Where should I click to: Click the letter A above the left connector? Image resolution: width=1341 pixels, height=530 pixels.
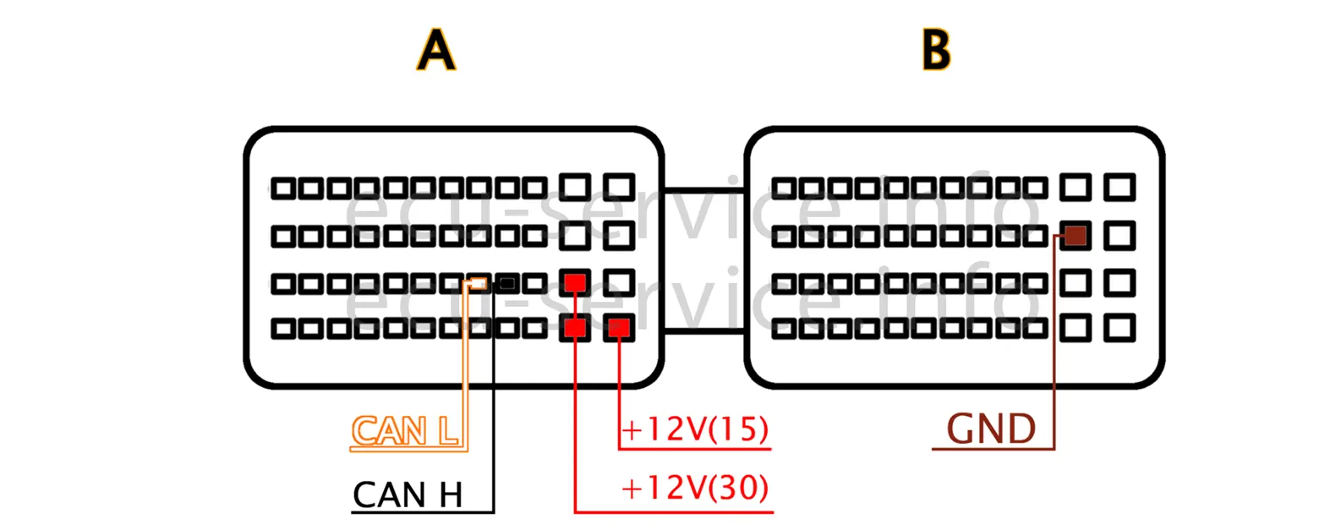pyautogui.click(x=435, y=50)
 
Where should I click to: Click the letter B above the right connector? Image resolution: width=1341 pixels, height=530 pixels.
pyautogui.click(x=936, y=50)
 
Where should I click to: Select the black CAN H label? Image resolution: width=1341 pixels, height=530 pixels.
pyautogui.click(x=408, y=494)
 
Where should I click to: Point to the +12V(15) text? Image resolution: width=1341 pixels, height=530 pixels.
pyautogui.click(x=695, y=429)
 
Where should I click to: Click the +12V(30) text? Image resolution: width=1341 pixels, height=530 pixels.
pyautogui.click(x=695, y=488)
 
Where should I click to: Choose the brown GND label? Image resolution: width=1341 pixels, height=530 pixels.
pyautogui.click(x=991, y=429)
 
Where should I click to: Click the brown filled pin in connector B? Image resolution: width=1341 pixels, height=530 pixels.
pyautogui.click(x=1075, y=236)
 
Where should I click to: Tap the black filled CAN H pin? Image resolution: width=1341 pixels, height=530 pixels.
pyautogui.click(x=507, y=283)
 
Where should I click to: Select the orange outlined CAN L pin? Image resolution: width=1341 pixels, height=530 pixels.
pyautogui.click(x=479, y=283)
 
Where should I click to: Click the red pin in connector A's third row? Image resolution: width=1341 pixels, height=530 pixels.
pyautogui.click(x=575, y=282)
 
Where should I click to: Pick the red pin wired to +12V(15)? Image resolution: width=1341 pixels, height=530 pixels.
pyautogui.click(x=619, y=328)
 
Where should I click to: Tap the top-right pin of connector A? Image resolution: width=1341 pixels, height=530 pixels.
pyautogui.click(x=619, y=187)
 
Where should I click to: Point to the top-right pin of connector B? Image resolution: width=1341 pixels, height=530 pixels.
pyautogui.click(x=1119, y=187)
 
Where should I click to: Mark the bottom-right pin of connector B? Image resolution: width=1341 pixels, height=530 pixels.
pyautogui.click(x=1119, y=328)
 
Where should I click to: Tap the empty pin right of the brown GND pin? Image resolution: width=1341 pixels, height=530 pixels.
pyautogui.click(x=1119, y=236)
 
